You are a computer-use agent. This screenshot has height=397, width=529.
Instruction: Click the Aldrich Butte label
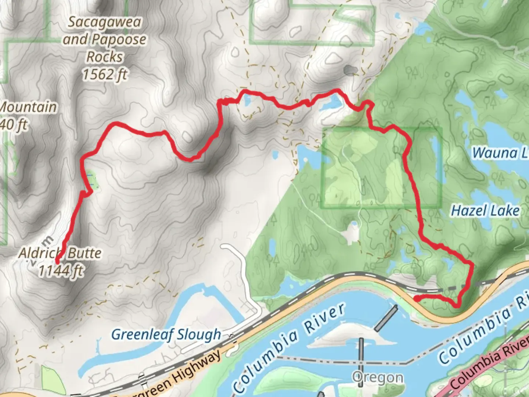[60, 253]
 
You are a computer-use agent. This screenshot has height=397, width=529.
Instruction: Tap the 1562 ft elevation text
[105, 75]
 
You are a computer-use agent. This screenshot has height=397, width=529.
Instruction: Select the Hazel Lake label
[485, 211]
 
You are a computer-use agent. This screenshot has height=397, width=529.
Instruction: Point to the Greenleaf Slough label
[166, 335]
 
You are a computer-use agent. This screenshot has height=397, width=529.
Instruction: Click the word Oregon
[377, 377]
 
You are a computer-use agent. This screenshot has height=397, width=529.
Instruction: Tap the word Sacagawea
[105, 22]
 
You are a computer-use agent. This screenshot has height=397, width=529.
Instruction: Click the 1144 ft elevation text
[61, 271]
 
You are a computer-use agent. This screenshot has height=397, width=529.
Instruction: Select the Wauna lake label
[500, 153]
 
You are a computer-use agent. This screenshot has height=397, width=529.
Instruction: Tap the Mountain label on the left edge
[28, 107]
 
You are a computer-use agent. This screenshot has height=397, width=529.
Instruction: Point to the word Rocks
[105, 57]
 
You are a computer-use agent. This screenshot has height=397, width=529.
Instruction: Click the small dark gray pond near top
[350, 69]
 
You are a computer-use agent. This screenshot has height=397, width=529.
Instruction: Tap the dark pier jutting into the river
[386, 318]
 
